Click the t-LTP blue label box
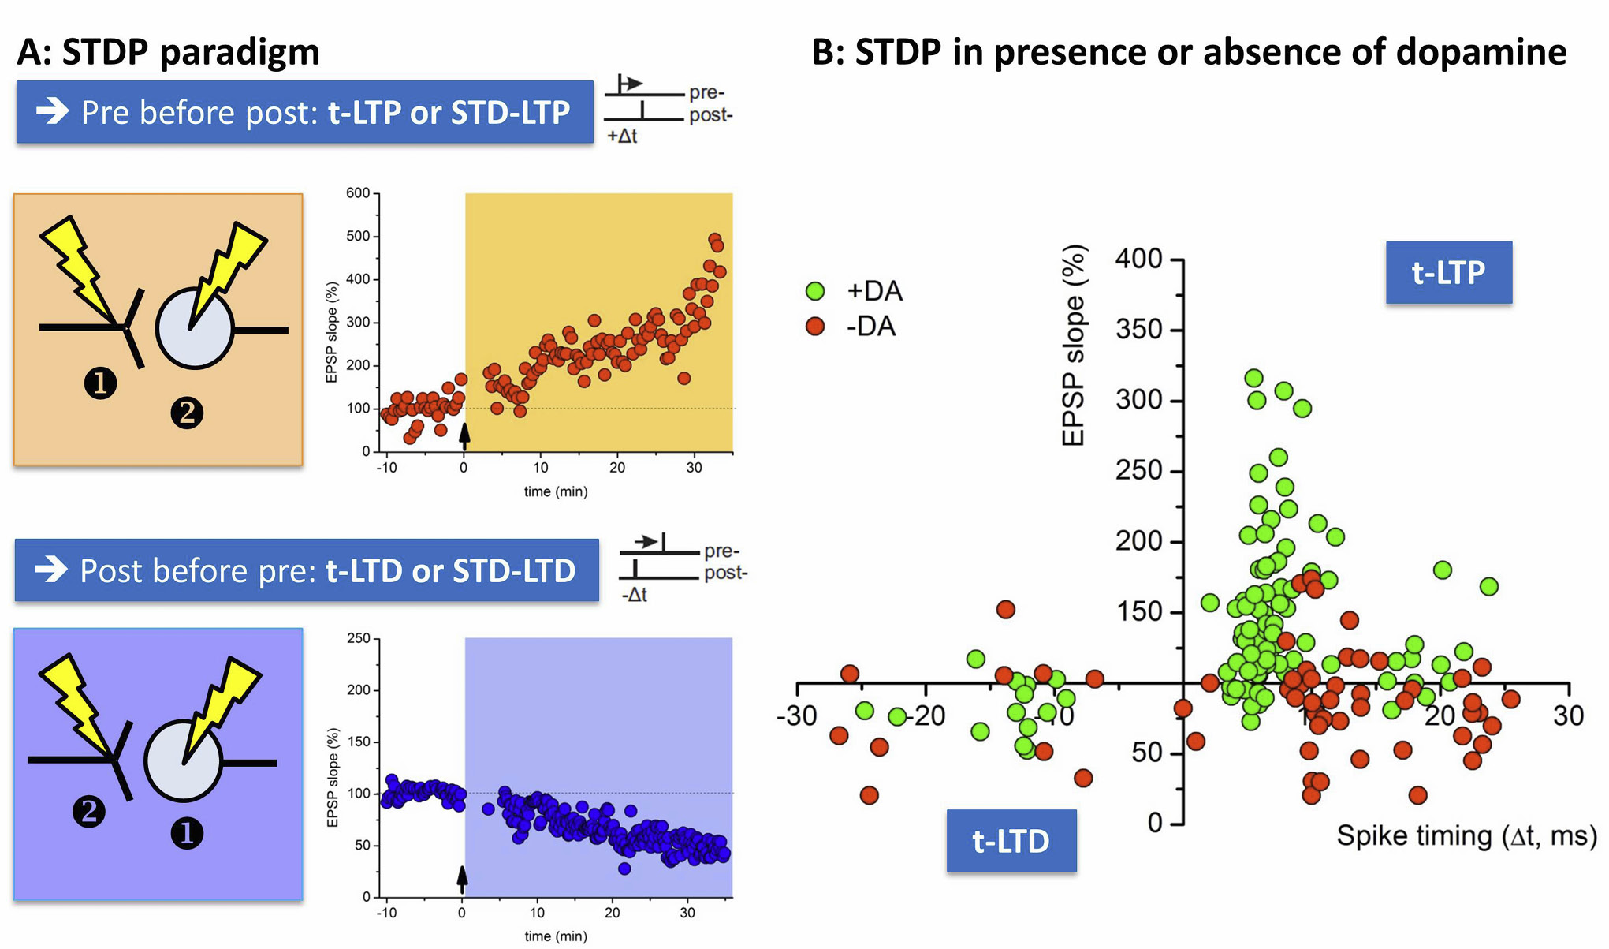click(1448, 272)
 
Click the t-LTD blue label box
click(1011, 841)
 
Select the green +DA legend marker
click(815, 291)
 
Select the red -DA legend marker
click(815, 326)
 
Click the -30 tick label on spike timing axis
click(796, 715)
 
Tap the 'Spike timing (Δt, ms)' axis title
click(1466, 835)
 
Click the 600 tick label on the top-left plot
click(358, 193)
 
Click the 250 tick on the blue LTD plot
click(359, 638)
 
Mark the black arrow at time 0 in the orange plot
click(464, 434)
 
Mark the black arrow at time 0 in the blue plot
click(463, 878)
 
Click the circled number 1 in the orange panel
click(100, 383)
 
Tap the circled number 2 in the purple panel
click(89, 811)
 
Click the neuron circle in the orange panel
click(195, 328)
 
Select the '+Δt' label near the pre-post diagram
click(622, 136)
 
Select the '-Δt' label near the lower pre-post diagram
click(634, 595)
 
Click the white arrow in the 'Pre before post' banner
click(53, 111)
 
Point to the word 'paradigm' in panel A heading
click(240, 53)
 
